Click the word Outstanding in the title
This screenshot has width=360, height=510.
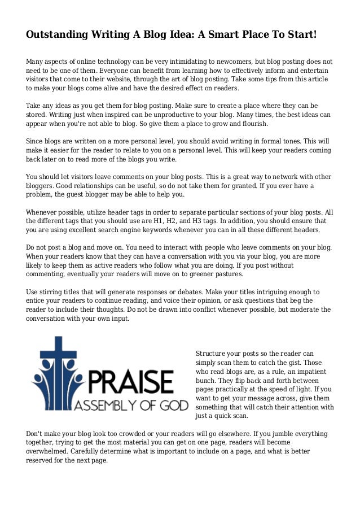pyautogui.click(x=57, y=35)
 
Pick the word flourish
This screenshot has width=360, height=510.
pyautogui.click(x=254, y=124)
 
